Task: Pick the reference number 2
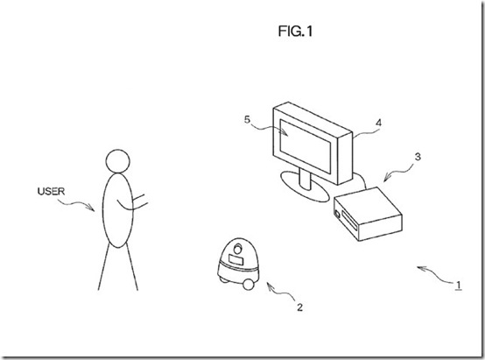[x=299, y=307]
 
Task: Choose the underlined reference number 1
[x=456, y=283]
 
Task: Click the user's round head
[x=117, y=161]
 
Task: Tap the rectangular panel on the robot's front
[x=235, y=258]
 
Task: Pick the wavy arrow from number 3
[x=395, y=170]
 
